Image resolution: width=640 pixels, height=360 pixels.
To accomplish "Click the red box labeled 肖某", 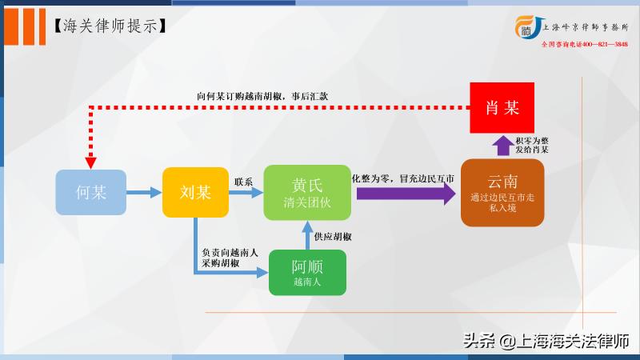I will point(502,107).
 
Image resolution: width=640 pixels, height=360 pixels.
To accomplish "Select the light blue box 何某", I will point(91,193).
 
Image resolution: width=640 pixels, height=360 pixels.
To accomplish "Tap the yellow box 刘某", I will point(196,193).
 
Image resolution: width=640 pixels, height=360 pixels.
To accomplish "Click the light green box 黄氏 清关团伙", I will point(308,193).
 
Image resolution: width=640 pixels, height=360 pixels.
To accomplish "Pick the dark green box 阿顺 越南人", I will point(308,273).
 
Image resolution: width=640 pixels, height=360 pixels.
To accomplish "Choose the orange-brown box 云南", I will point(502,193).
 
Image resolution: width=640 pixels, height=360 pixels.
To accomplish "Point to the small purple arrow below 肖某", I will point(502,146).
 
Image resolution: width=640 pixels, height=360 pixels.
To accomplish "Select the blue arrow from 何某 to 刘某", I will point(144,193).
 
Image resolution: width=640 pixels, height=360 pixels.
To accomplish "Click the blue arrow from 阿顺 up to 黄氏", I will point(308,235).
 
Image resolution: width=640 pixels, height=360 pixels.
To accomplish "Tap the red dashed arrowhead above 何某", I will point(91,160).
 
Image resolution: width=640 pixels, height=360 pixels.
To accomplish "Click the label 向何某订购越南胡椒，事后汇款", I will point(262,95).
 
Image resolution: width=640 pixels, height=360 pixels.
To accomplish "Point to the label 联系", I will point(243,182).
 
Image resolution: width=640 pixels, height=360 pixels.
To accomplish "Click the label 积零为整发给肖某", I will point(532,145).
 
